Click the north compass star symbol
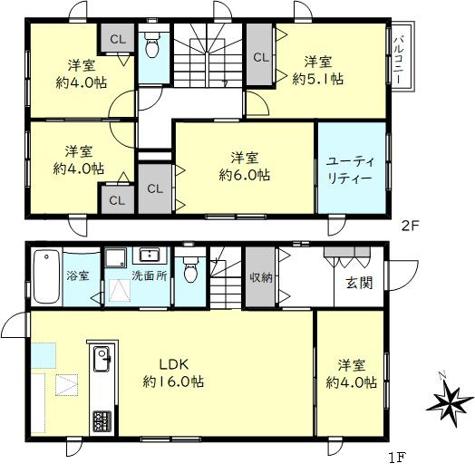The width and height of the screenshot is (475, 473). click(x=451, y=401)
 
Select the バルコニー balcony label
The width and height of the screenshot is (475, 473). click(x=400, y=60)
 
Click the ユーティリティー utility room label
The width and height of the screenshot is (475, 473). click(x=348, y=169)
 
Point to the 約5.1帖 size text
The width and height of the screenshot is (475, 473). click(x=317, y=80)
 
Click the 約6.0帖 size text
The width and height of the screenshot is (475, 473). click(x=244, y=175)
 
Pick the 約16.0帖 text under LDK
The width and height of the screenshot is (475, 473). click(x=173, y=381)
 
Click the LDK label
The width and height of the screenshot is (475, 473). click(x=173, y=364)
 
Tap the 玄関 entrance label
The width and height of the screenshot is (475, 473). click(x=358, y=282)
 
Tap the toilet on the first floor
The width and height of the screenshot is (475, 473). click(x=189, y=270)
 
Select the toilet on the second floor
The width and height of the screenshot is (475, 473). click(x=152, y=45)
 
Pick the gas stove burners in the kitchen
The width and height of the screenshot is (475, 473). click(x=100, y=420)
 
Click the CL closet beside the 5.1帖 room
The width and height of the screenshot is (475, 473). click(x=260, y=57)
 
